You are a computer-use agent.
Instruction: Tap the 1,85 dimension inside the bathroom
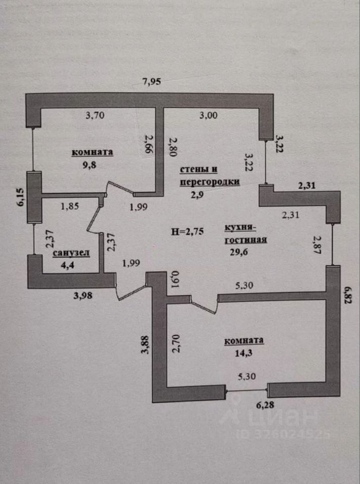tap(70, 206)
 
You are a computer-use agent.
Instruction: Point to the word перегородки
tap(209, 183)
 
